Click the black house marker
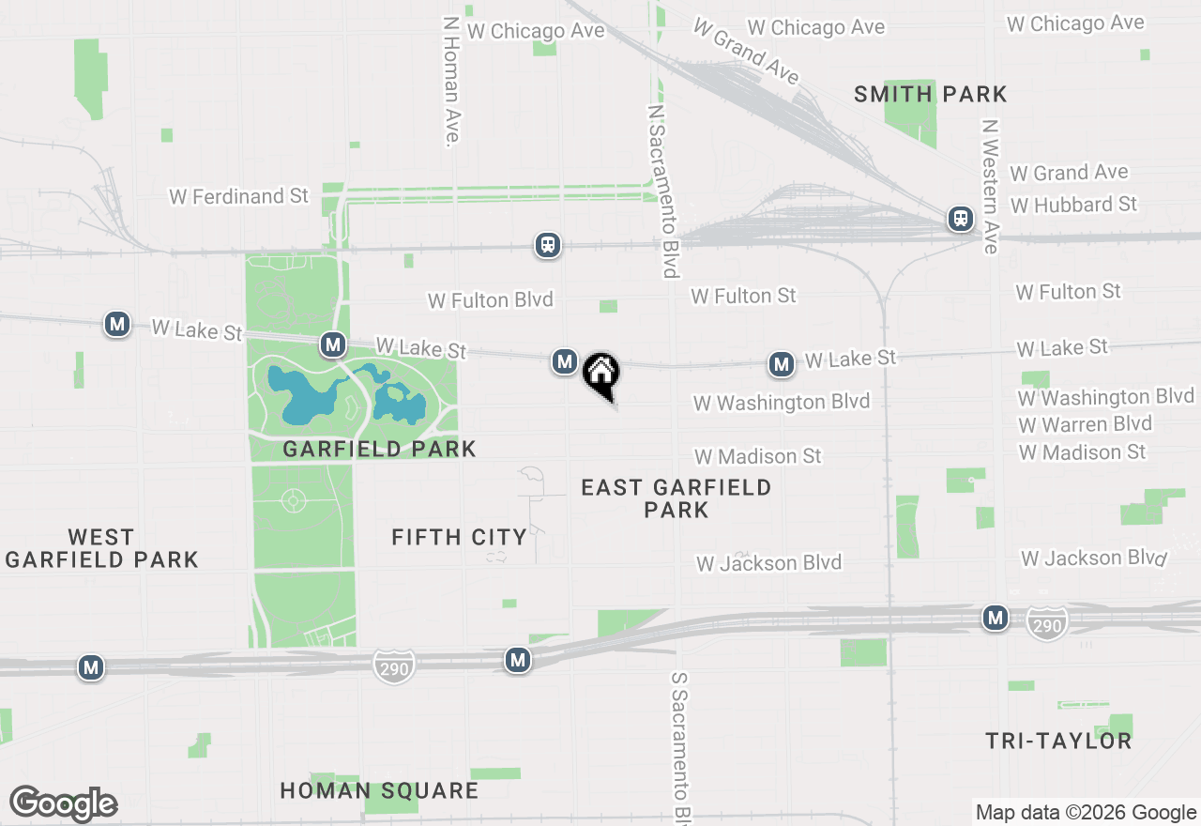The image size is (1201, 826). click(x=601, y=374)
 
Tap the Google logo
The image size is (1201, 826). click(x=64, y=803)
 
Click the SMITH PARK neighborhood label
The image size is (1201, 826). click(x=931, y=94)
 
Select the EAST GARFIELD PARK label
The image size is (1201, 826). click(x=676, y=498)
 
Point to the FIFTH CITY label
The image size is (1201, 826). click(x=459, y=537)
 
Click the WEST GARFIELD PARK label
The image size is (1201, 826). click(x=101, y=548)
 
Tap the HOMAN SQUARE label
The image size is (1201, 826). click(x=379, y=790)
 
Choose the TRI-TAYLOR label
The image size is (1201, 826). click(x=1058, y=741)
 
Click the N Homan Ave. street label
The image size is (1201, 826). click(x=451, y=81)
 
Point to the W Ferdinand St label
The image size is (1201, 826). click(x=238, y=196)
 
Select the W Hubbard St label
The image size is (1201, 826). click(x=1073, y=205)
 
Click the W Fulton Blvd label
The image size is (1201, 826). click(x=491, y=300)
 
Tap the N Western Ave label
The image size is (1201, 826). click(x=989, y=186)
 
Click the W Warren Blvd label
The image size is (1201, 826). click(x=1085, y=424)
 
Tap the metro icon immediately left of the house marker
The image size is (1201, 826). click(x=564, y=361)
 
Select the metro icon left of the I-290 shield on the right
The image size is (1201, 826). click(x=996, y=618)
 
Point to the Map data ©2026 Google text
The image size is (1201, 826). click(x=1086, y=813)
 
